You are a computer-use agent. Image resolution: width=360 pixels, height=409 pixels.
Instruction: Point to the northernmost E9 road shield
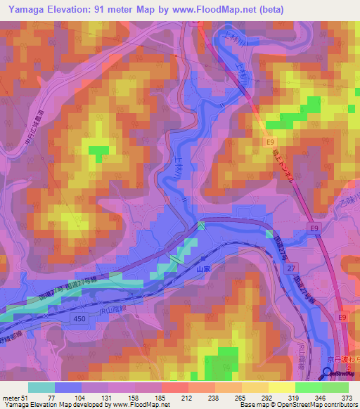269,142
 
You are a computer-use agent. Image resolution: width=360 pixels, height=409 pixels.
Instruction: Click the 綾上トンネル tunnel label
284,169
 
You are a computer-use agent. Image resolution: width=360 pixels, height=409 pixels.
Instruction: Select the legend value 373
347,397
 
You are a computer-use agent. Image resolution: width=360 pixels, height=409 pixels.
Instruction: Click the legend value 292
256,397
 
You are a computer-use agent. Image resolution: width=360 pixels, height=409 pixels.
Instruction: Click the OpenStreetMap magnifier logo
327,373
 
